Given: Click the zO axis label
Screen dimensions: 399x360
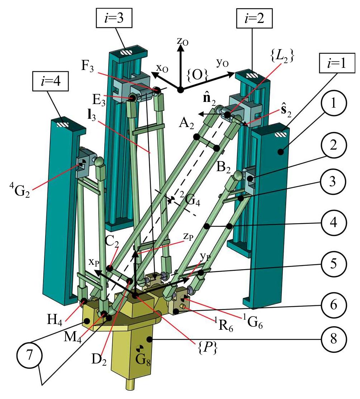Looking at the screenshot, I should (x=182, y=42).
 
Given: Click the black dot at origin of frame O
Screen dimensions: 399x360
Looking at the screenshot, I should (x=180, y=89).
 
